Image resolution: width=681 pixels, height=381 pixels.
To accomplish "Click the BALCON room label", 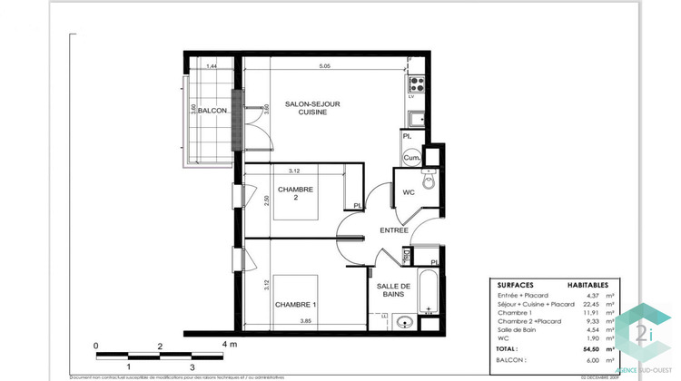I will [212, 111].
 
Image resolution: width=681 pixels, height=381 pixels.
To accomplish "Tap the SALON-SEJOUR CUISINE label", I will [312, 108].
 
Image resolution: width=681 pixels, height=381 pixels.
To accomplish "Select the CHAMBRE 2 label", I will [295, 194].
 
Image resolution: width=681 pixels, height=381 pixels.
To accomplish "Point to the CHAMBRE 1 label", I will [297, 304].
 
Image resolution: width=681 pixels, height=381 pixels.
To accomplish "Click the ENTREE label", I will [394, 230].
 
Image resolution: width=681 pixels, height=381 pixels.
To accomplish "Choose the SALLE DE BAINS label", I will [395, 290].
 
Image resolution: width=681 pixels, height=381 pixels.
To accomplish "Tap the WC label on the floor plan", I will [410, 191].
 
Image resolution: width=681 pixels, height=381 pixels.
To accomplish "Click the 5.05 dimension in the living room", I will [324, 66].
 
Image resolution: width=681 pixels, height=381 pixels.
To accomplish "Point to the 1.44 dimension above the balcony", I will [212, 66].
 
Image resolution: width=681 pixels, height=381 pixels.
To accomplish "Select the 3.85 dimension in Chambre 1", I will [325, 321].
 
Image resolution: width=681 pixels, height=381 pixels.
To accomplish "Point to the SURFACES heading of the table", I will [517, 284].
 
